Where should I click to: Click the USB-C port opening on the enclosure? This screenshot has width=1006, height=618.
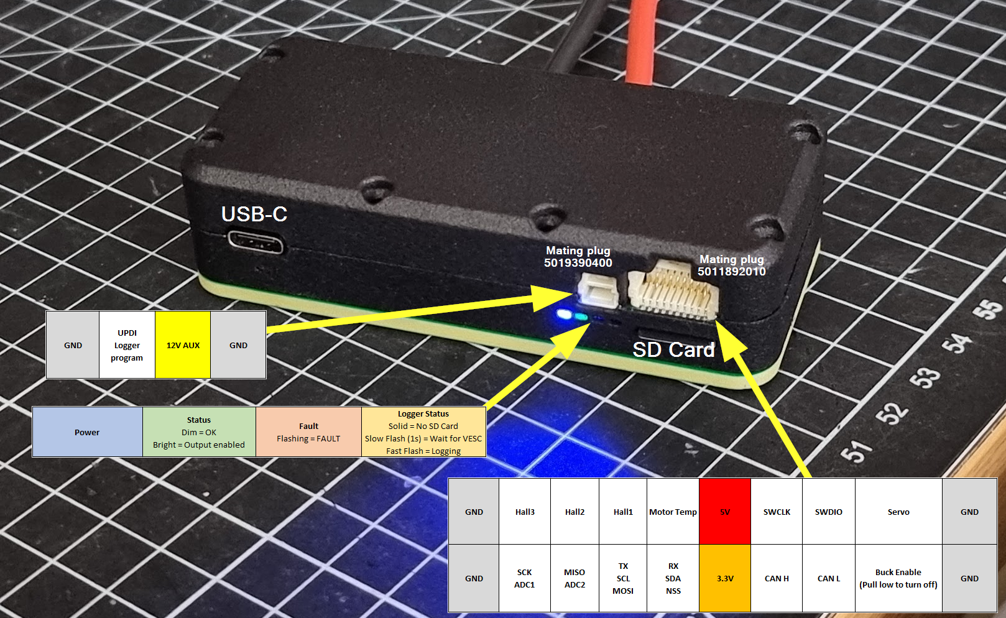tap(255, 241)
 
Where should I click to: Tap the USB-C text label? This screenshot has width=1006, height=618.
tap(254, 214)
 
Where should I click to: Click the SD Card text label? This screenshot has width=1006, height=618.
tap(673, 350)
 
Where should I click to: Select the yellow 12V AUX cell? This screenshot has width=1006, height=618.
tap(183, 345)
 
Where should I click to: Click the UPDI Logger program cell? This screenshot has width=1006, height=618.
tap(127, 345)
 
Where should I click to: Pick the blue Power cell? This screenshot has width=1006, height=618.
tap(87, 432)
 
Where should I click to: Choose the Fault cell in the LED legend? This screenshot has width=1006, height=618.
tap(308, 432)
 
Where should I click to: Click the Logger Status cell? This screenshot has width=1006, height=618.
tap(423, 432)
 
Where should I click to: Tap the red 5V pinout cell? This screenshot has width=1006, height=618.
tap(725, 512)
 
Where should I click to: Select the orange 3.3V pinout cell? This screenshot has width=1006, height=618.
tap(725, 578)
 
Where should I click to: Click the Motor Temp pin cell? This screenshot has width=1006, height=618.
tap(673, 512)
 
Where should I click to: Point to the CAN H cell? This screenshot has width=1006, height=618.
tap(777, 578)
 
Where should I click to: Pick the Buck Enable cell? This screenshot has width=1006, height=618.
tap(898, 578)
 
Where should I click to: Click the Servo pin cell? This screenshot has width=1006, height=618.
tap(898, 512)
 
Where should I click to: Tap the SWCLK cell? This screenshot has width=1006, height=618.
tap(777, 512)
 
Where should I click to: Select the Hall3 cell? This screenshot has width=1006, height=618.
tap(525, 512)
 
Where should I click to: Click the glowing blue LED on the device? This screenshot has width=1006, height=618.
tap(564, 315)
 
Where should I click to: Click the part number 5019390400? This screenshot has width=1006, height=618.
tap(578, 263)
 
